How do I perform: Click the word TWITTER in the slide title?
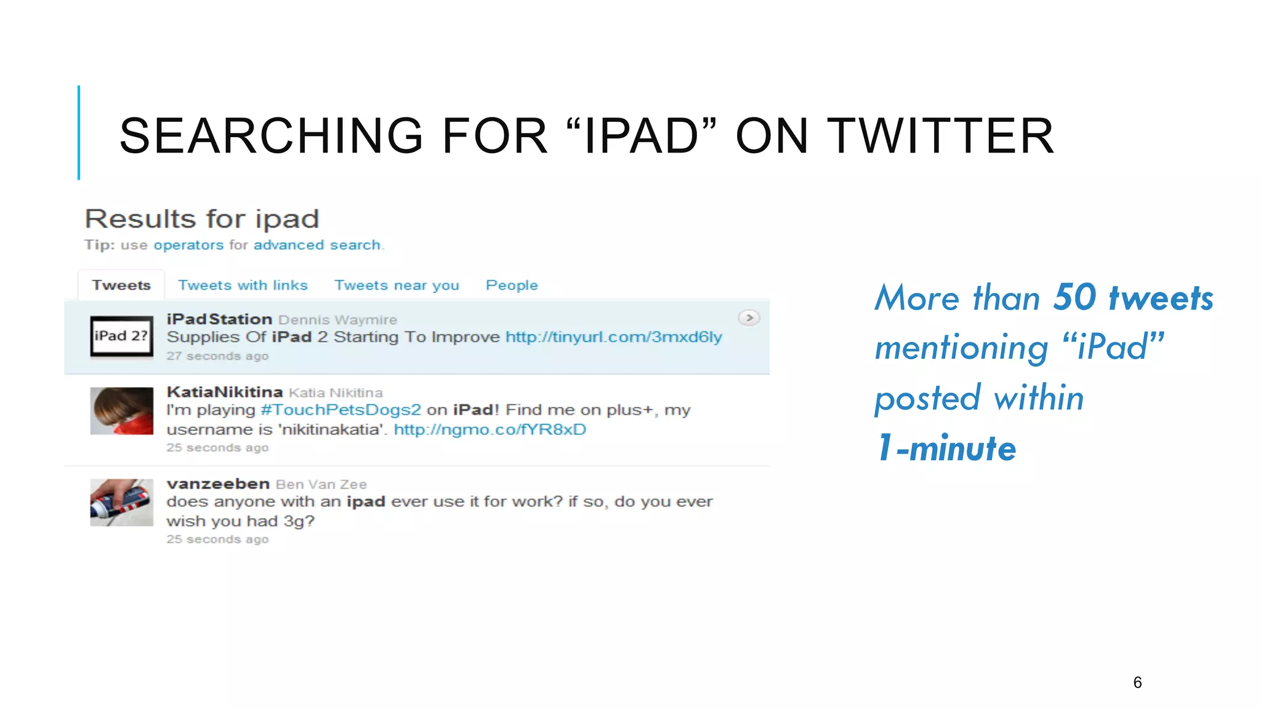(940, 136)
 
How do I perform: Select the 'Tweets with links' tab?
(243, 286)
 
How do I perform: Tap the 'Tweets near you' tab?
(397, 286)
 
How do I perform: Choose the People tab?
(512, 286)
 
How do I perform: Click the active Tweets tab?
(121, 286)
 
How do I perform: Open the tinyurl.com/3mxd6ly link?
(613, 337)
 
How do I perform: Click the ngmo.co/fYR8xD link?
(489, 430)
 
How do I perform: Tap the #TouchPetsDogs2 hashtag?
(340, 410)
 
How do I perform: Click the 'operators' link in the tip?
(188, 245)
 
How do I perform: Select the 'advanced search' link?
(316, 245)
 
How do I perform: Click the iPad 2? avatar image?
(121, 336)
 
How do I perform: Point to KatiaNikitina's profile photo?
(121, 411)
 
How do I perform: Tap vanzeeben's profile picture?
(121, 502)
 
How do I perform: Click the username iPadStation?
(219, 319)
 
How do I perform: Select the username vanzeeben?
(218, 484)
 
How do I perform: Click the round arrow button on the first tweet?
(749, 318)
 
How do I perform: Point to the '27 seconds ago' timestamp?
(217, 356)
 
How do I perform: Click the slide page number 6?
(1137, 683)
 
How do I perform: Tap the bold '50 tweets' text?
(1133, 298)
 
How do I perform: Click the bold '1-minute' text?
(946, 448)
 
